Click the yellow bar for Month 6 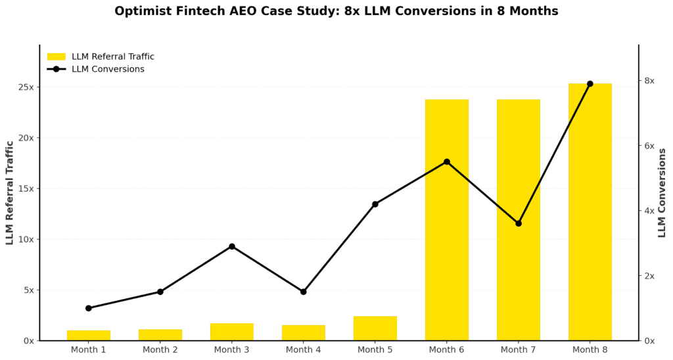(446, 219)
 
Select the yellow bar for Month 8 (590, 212)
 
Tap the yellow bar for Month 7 (518, 219)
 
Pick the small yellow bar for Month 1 (89, 335)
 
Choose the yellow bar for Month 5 (375, 328)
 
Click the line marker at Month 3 (232, 246)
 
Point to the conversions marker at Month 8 (590, 83)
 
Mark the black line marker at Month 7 (518, 223)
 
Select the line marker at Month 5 (375, 204)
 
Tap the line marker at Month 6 (446, 162)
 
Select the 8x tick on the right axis (649, 81)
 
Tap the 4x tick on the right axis (649, 211)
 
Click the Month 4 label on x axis (303, 350)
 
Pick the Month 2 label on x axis (160, 350)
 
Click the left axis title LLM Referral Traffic (10, 192)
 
